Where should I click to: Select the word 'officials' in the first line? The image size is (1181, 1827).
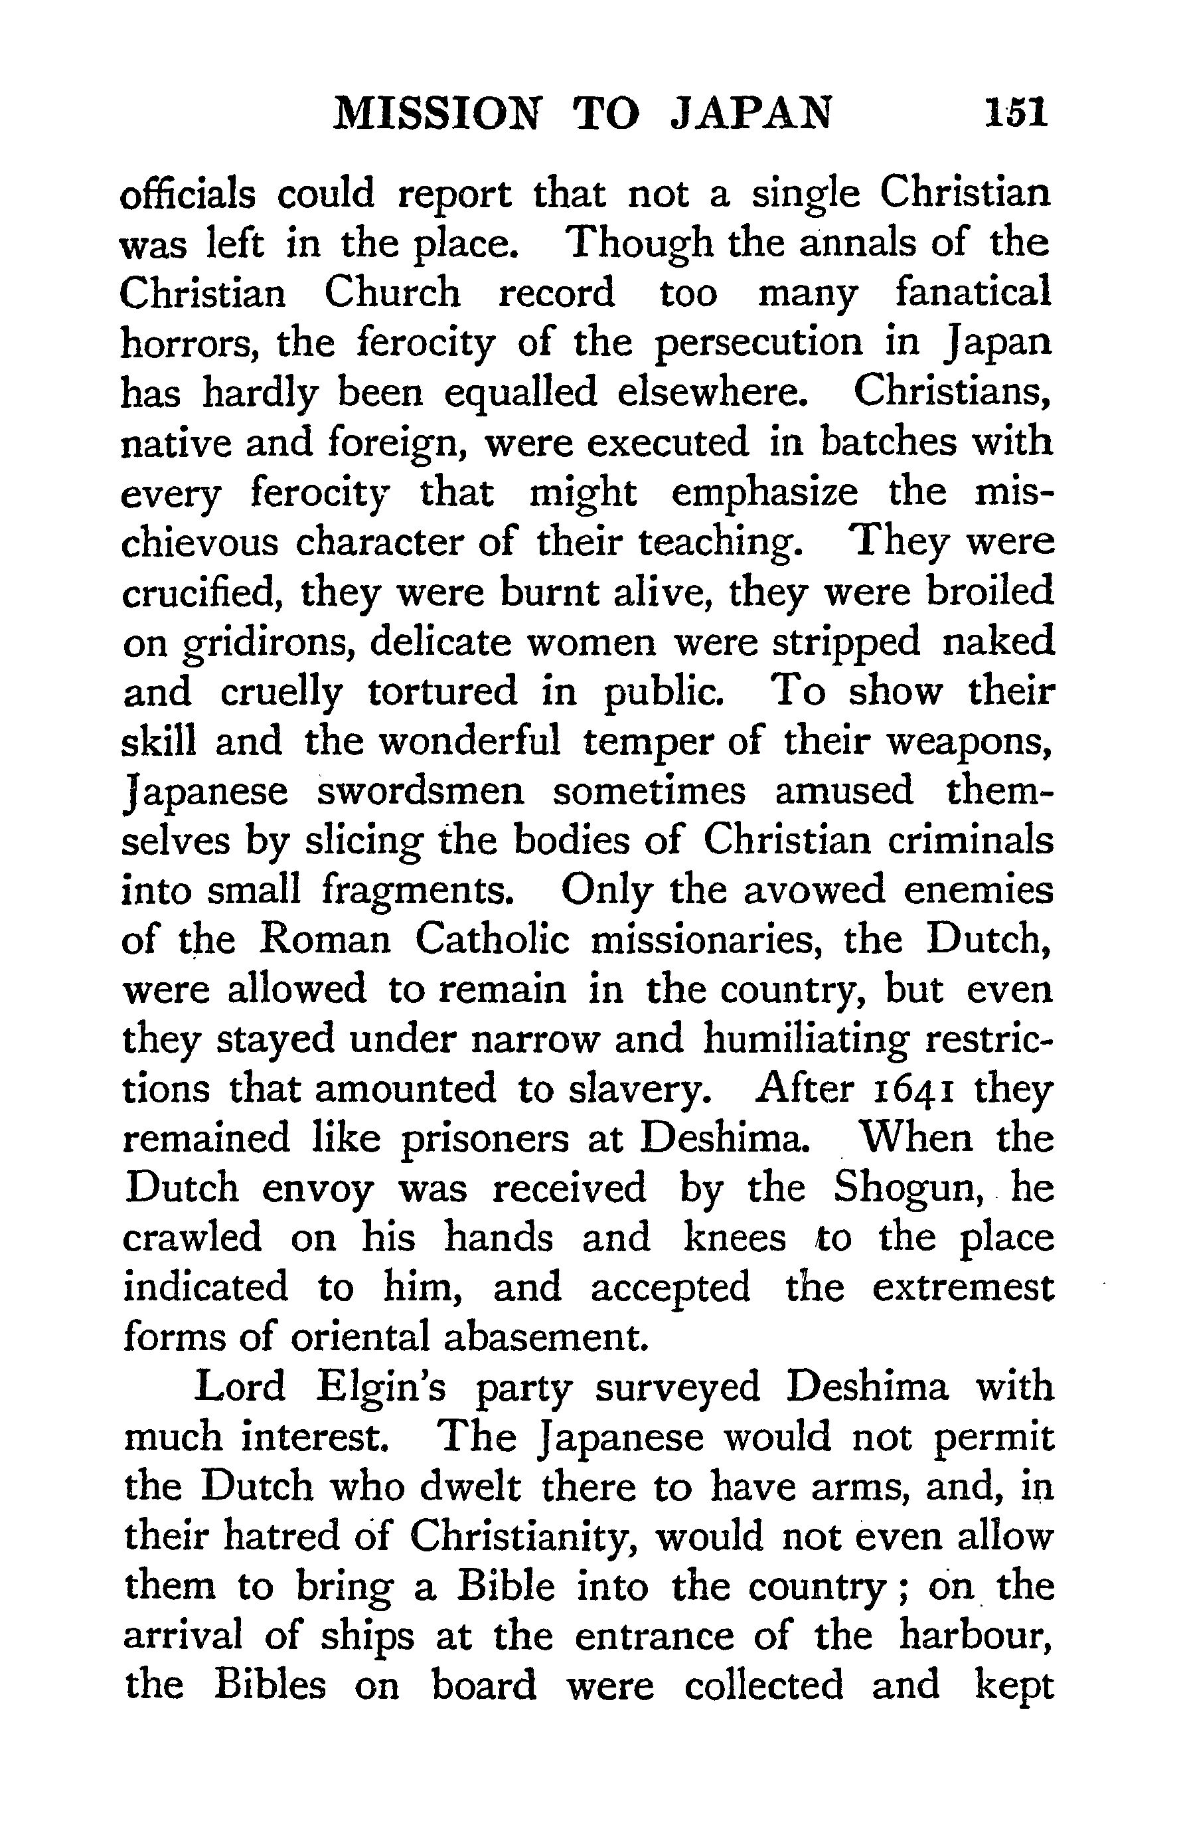point(188,194)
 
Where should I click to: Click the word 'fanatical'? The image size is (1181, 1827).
point(973,293)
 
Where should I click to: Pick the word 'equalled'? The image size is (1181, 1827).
point(520,392)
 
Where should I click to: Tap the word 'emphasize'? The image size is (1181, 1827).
point(765,492)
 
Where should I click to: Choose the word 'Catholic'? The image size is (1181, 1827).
point(493,940)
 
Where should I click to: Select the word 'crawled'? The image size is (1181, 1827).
point(192,1239)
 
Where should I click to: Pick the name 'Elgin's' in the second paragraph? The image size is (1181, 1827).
point(381,1388)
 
